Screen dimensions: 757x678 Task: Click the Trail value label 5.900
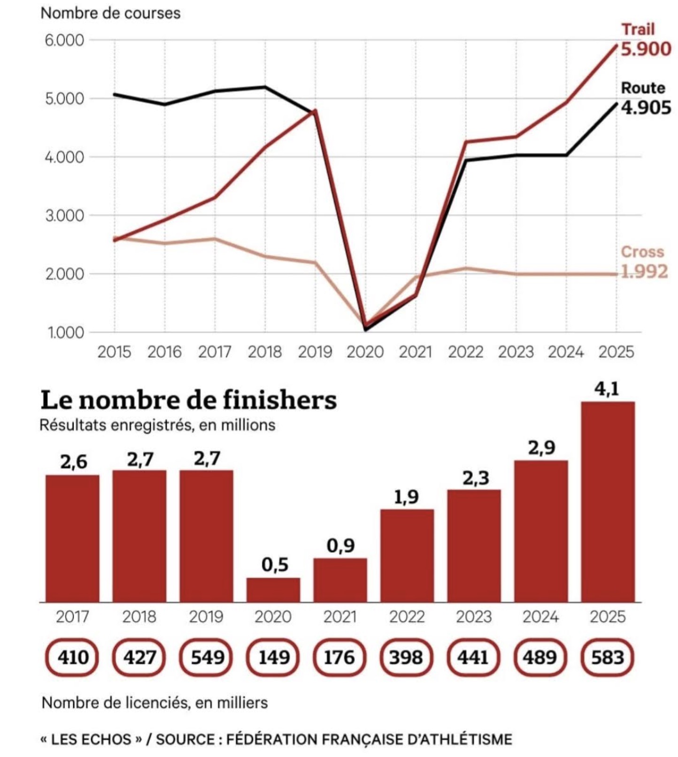(x=646, y=49)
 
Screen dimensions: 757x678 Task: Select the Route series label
(x=643, y=88)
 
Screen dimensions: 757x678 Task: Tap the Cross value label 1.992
(x=644, y=272)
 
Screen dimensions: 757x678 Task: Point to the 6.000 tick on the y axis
(x=64, y=40)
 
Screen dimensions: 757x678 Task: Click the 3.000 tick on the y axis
(x=64, y=216)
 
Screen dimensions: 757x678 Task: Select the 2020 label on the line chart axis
(x=365, y=352)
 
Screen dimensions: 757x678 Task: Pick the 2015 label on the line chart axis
(x=114, y=352)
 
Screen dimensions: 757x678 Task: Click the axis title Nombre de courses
(x=110, y=13)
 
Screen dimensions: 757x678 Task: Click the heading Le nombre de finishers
(x=188, y=400)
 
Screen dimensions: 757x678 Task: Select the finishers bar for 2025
(x=608, y=502)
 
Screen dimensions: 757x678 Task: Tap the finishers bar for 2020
(x=273, y=590)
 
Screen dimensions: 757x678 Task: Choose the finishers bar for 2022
(x=407, y=556)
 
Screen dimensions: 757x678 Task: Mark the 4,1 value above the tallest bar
(x=607, y=389)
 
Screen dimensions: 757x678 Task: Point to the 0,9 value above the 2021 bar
(x=340, y=545)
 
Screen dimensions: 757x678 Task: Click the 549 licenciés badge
(x=207, y=657)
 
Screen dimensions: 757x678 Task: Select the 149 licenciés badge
(x=273, y=657)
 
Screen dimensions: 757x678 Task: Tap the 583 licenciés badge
(x=608, y=657)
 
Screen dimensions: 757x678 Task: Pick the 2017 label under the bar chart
(x=72, y=616)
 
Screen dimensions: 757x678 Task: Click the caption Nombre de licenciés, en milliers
(x=154, y=703)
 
